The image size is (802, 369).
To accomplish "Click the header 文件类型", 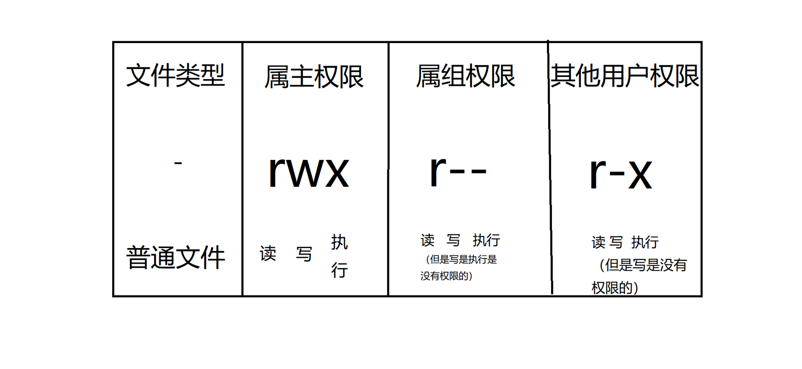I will [x=175, y=76].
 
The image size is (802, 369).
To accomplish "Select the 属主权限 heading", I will [x=314, y=76].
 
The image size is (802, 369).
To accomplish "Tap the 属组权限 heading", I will [x=465, y=76].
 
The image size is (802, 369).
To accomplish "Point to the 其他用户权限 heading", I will [x=625, y=76].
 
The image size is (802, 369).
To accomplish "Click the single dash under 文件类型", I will [x=178, y=163].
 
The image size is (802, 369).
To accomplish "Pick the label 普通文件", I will [x=175, y=257].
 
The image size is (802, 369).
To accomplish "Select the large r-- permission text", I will [x=458, y=171].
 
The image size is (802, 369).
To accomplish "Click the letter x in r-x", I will [x=640, y=174].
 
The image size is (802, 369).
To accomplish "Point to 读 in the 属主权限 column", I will [x=268, y=253].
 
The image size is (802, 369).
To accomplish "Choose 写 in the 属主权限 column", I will [x=304, y=254].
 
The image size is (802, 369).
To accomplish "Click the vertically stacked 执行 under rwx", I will [x=339, y=256].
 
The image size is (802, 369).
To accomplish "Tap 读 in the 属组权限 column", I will [x=427, y=240].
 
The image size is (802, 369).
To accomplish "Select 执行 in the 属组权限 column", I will [x=486, y=240].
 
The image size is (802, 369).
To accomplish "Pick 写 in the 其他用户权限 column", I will [x=616, y=242].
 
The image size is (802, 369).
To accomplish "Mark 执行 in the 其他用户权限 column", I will [x=645, y=242].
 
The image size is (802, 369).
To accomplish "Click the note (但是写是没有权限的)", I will [x=639, y=276].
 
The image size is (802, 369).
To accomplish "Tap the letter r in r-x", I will [x=598, y=173].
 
